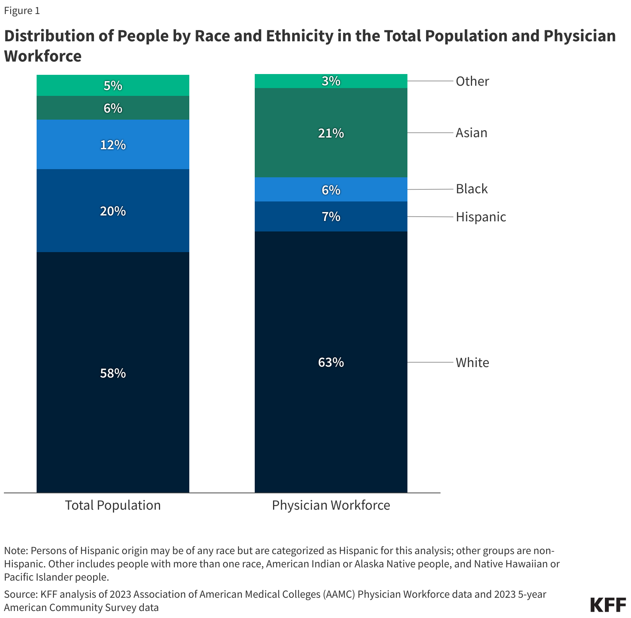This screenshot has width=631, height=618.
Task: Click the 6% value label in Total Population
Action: point(113,108)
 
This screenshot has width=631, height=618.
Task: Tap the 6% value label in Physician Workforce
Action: point(331,190)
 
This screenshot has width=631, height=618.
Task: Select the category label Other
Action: point(472,81)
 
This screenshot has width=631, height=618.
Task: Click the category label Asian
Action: point(471,133)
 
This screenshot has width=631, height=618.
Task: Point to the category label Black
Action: point(472,189)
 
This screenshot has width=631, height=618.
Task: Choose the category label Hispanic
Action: point(481,217)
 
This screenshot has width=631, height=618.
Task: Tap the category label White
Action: point(472,363)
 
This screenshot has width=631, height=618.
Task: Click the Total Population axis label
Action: point(113,505)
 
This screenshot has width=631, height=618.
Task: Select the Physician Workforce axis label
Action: point(331,505)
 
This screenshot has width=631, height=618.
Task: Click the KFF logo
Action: point(608,605)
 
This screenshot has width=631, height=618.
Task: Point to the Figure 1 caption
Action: point(22,11)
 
